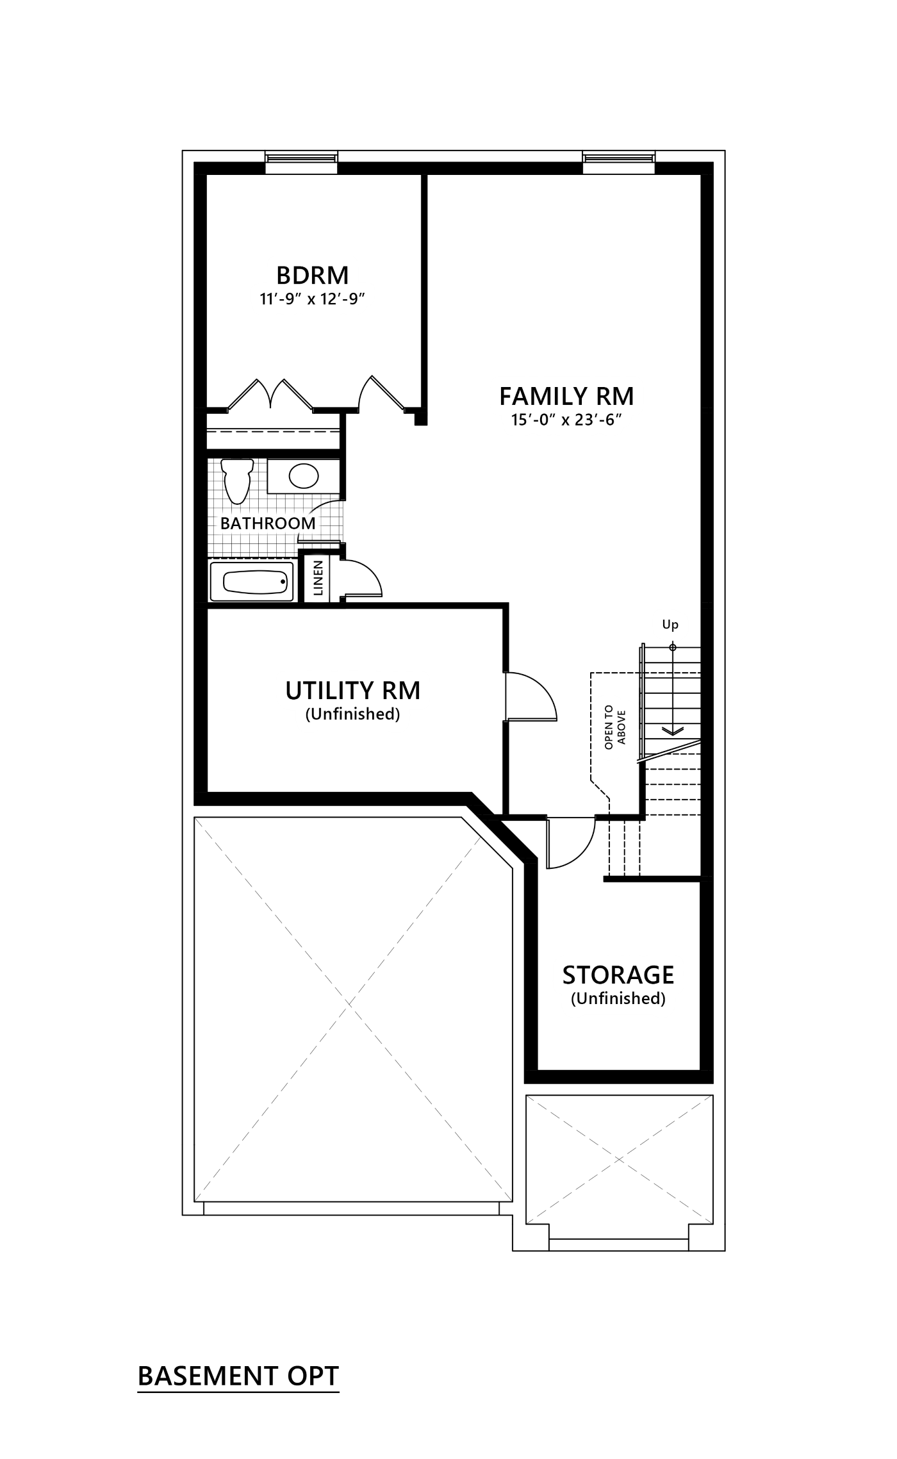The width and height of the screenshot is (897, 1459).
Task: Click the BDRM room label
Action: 312,275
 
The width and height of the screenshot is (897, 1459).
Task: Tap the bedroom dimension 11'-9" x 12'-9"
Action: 312,299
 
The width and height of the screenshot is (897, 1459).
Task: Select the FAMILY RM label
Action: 566,396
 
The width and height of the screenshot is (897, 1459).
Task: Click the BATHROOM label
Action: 268,523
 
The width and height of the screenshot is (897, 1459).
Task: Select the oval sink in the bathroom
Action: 303,475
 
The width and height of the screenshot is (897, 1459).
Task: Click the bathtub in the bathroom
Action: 251,582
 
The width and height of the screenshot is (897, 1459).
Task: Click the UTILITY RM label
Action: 352,691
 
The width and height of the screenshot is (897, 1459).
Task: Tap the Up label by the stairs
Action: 670,624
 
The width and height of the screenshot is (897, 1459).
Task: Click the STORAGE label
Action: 618,975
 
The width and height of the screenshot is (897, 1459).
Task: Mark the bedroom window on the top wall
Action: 301,163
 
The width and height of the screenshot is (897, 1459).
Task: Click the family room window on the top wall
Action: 619,163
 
